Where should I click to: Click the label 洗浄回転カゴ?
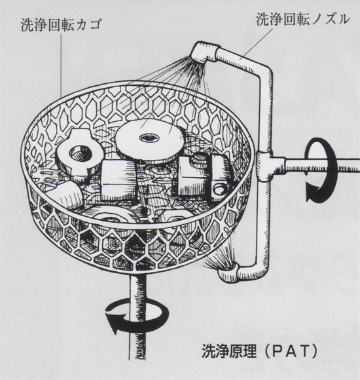tap(60, 25)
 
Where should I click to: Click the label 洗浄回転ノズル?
tap(303, 19)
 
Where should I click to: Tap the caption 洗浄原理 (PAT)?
tap(260, 351)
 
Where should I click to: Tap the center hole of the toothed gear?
tap(149, 138)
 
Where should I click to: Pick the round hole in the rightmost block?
tap(219, 189)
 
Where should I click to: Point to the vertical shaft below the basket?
tap(137, 315)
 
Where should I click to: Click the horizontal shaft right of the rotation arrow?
tap(349, 165)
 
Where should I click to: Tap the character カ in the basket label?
tap(82, 25)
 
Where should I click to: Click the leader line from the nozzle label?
tap(256, 44)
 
